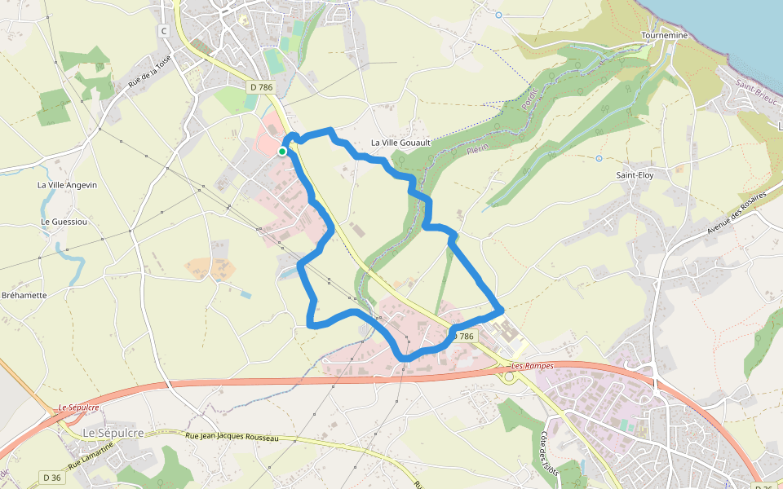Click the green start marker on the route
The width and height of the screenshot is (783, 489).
click(282, 151)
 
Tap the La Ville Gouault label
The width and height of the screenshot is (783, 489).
click(400, 143)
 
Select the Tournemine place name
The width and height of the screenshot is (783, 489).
click(665, 36)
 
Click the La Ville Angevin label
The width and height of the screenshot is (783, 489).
click(67, 185)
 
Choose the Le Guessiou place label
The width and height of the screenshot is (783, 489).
click(64, 222)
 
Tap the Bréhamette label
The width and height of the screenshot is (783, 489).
click(24, 295)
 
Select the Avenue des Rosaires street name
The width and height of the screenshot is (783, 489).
click(737, 214)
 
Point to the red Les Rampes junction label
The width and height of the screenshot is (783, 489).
click(532, 366)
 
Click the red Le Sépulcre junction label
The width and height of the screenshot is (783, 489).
click(78, 407)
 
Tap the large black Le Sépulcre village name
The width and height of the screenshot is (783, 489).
click(113, 432)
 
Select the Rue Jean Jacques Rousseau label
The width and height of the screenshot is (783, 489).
click(232, 438)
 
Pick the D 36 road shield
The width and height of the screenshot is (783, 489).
click(51, 477)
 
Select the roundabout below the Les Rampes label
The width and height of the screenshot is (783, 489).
click(509, 377)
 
